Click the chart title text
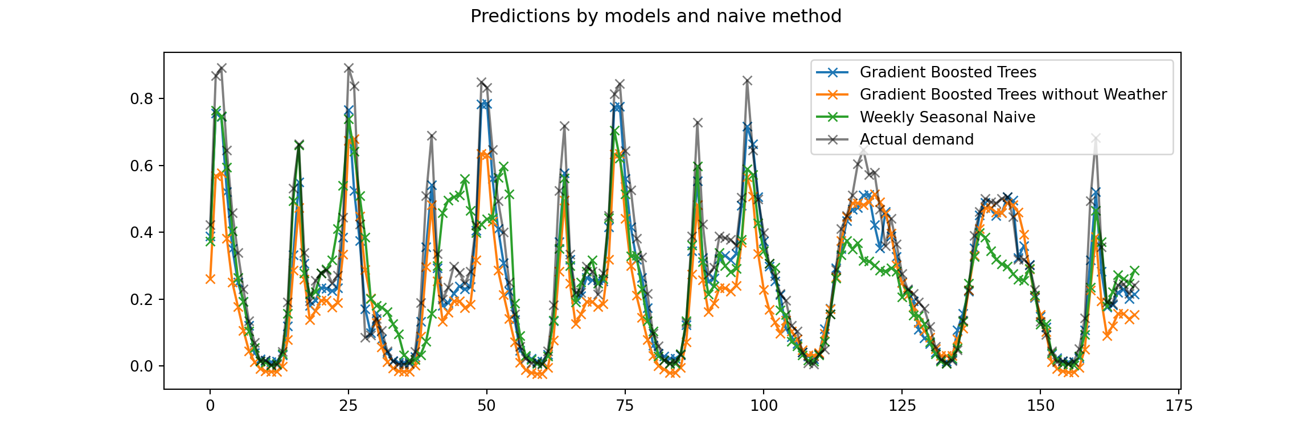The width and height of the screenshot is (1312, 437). click(655, 17)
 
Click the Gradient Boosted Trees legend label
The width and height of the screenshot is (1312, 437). click(948, 72)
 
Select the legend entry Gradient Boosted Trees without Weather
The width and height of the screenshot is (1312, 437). click(1013, 94)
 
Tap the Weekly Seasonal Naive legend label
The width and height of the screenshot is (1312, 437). click(947, 117)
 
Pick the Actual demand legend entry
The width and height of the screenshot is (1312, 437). click(916, 139)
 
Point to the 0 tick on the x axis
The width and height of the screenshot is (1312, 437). click(210, 406)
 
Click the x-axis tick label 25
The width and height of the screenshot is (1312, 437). click(348, 406)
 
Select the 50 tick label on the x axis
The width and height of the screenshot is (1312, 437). click(487, 406)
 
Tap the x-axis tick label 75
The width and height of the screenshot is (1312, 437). click(625, 406)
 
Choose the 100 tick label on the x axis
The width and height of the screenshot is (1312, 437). click(764, 406)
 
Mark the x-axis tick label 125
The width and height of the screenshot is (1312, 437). click(902, 406)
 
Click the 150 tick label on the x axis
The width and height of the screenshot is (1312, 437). click(1040, 406)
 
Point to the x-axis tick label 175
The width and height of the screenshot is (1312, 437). click(1179, 406)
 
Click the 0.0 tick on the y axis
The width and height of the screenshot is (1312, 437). click(142, 366)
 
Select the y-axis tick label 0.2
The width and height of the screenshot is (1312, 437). click(142, 299)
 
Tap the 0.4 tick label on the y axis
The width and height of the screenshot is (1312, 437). click(142, 233)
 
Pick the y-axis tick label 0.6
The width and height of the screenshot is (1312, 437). click(142, 166)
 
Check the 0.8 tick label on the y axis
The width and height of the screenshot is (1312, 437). click(142, 99)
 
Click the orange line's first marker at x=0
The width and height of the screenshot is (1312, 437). click(210, 279)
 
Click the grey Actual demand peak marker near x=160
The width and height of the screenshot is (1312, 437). click(1096, 138)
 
